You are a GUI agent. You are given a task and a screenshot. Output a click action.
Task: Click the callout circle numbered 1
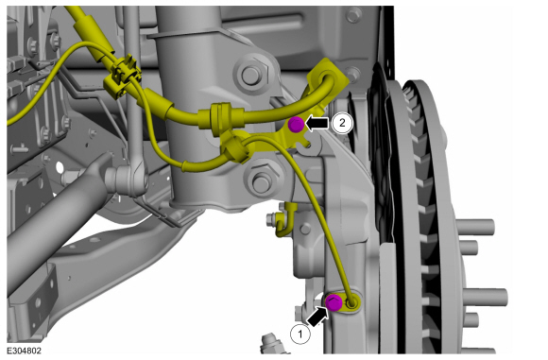coord(300,334)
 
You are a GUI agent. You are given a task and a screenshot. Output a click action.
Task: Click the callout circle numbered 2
coord(342,123)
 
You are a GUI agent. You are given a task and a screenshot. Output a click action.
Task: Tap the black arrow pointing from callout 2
coord(317,123)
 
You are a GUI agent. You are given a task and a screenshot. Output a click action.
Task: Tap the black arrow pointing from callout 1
coord(318,317)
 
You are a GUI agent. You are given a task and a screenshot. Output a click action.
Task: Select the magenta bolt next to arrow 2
coord(296,124)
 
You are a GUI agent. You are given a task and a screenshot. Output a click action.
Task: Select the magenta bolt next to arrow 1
coord(334,302)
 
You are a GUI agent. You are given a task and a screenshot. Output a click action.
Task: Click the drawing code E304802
coord(25,351)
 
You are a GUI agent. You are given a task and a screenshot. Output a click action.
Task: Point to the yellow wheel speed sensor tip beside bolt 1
coord(351,303)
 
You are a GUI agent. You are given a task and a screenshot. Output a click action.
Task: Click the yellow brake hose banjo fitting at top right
coord(328,77)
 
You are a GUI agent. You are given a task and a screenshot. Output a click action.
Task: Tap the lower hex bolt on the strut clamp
coord(262,180)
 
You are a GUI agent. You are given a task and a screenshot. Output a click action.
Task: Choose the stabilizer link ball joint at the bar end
coord(125,180)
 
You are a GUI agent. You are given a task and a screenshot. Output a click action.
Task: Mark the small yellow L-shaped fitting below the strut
coord(285,219)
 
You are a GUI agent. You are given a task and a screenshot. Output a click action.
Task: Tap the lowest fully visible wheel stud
coord(487,297)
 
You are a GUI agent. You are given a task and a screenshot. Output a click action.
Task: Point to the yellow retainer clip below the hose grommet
coord(235,147)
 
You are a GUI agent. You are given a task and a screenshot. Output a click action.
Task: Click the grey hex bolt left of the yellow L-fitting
coord(270,219)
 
